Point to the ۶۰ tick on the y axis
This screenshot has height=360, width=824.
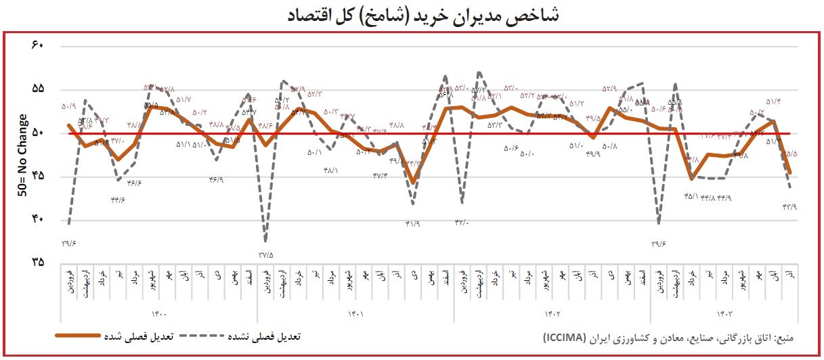[x=37, y=46]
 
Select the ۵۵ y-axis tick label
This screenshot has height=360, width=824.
[x=37, y=89]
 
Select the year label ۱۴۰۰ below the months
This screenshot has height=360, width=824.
[x=160, y=313]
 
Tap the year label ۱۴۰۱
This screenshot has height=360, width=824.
[x=355, y=313]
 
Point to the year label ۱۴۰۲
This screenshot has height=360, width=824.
[x=552, y=313]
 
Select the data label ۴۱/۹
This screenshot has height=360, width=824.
[x=412, y=224]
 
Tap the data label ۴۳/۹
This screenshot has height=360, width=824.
[x=789, y=206]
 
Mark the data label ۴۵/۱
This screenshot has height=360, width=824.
[x=691, y=197]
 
